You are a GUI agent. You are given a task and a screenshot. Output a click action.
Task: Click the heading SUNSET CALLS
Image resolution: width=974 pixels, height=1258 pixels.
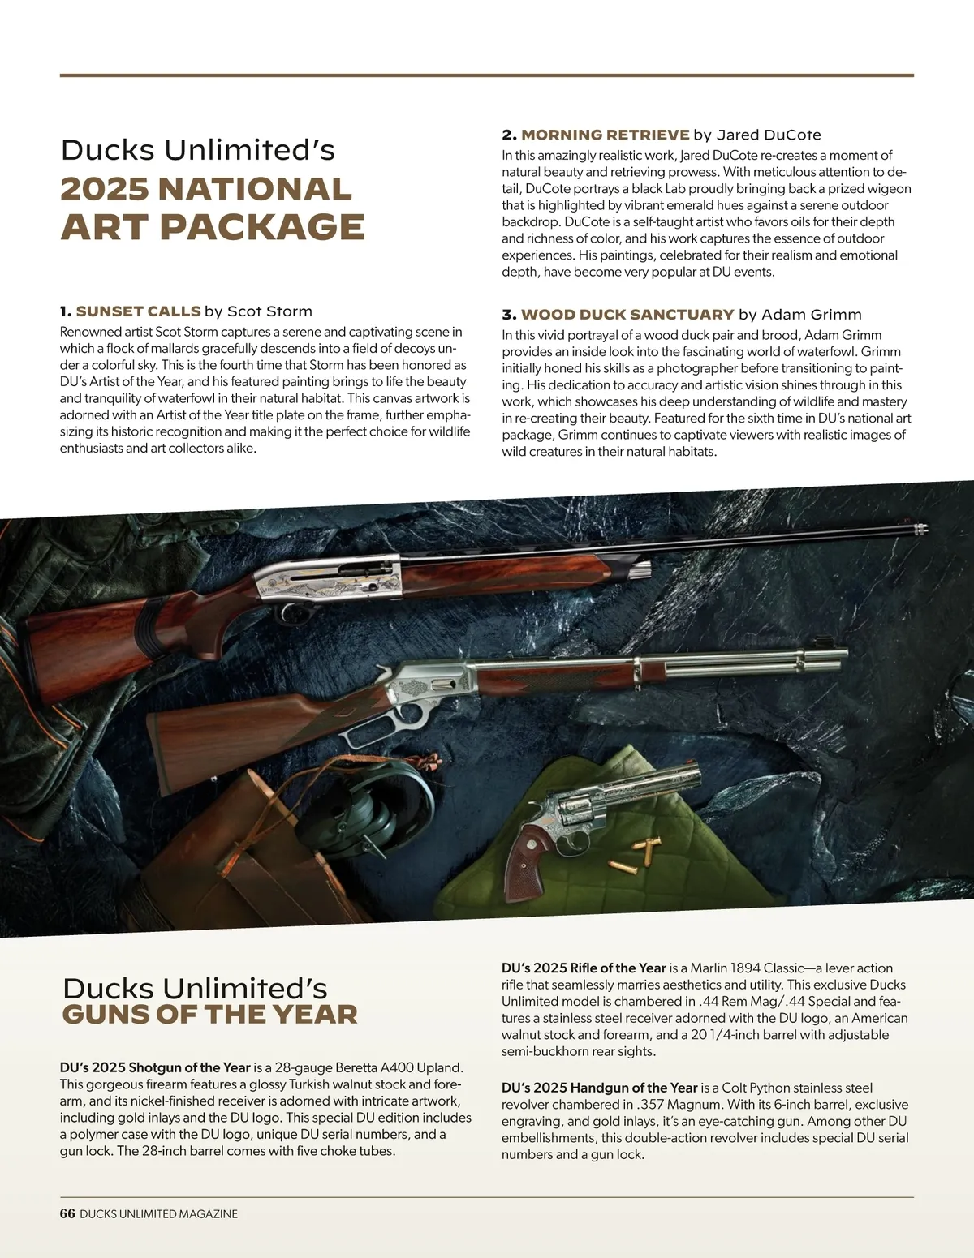click(x=138, y=311)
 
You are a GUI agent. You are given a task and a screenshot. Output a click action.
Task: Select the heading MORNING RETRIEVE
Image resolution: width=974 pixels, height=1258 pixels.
click(x=605, y=135)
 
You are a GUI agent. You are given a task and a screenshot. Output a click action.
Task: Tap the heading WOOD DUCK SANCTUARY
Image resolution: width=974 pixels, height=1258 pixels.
click(x=627, y=315)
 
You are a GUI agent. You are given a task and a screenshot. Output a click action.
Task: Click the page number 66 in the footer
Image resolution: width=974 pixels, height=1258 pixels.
click(x=67, y=1213)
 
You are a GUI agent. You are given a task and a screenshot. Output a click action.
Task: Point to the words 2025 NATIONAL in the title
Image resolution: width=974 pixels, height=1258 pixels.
click(x=206, y=189)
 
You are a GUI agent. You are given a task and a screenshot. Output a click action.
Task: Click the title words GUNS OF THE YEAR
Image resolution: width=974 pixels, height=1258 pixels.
click(x=209, y=1014)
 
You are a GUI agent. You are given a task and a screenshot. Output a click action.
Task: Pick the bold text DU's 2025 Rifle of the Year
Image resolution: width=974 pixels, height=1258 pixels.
click(x=583, y=968)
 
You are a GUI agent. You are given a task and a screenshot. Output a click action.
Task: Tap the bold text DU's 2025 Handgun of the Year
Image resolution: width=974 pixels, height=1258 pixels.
click(x=599, y=1087)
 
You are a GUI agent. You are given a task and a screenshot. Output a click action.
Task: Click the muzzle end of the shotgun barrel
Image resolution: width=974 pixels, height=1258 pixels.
click(x=919, y=528)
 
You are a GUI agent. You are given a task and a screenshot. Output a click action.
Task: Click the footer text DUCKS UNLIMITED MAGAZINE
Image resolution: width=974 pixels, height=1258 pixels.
click(x=158, y=1213)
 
